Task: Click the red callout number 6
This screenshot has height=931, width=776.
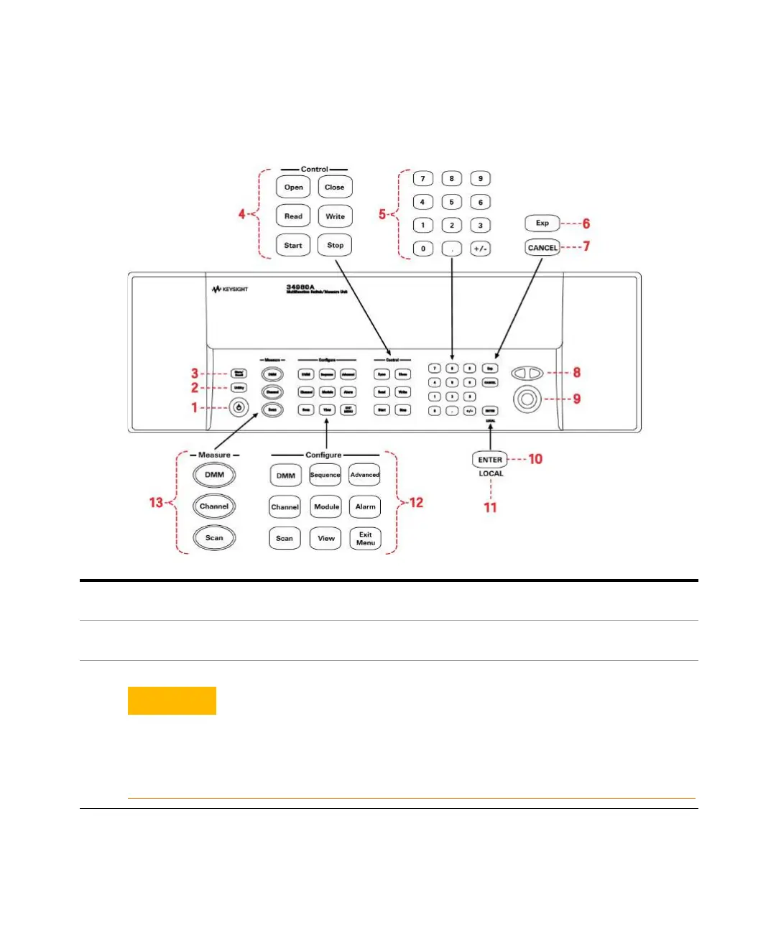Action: pos(586,224)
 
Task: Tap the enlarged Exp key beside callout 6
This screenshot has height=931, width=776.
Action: pos(542,223)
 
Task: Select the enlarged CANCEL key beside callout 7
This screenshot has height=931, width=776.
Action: pos(542,248)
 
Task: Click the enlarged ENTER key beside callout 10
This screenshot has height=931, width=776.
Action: pos(490,460)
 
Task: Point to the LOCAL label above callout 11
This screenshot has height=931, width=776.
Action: pos(491,474)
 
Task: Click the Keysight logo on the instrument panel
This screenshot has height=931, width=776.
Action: pos(230,290)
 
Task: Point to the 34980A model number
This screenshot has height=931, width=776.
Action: pos(300,287)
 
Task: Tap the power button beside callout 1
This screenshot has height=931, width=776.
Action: pos(239,408)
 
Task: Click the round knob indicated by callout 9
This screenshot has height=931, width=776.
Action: pos(527,399)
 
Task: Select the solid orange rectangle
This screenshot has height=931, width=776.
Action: pos(172,700)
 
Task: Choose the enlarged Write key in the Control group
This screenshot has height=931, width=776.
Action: pos(335,216)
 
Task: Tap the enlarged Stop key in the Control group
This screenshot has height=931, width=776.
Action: pos(335,245)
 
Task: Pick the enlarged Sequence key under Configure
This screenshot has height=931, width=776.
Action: pos(325,475)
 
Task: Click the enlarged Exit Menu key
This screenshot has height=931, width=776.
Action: pos(365,539)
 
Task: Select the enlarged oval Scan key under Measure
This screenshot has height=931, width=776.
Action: pos(214,538)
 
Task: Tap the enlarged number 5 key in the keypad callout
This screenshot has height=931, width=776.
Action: pos(451,203)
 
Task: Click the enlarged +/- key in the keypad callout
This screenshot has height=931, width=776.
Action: pos(480,249)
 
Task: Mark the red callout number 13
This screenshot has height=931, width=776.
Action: pos(156,503)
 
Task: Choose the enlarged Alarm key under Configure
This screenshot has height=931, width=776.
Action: pos(365,507)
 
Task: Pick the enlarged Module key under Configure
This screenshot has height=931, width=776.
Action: pos(326,507)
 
